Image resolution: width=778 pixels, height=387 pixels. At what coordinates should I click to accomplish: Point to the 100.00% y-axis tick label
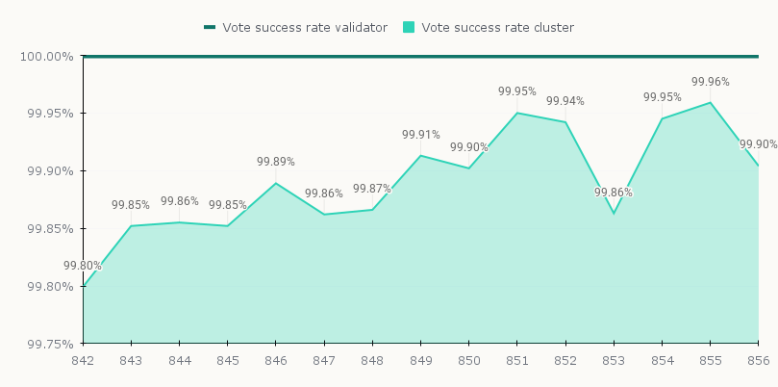point(46,56)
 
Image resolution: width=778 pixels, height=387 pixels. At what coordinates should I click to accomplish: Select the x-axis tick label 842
point(83,360)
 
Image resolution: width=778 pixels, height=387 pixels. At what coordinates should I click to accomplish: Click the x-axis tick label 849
point(420,360)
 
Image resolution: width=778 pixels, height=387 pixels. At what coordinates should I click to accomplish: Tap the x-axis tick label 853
point(614,360)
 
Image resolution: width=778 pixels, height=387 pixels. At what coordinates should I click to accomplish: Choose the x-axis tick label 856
point(759,360)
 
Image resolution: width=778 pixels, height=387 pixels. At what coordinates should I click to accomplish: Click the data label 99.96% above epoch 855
point(710,83)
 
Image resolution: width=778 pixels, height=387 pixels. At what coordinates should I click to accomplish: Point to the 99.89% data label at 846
point(275,162)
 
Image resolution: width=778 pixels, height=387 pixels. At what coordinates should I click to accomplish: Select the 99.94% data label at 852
point(565,101)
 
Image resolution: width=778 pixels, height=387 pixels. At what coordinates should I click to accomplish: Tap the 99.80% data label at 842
point(83,267)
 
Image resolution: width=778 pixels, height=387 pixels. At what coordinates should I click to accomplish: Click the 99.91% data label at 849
point(420,135)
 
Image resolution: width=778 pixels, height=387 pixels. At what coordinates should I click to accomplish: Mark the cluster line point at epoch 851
point(517,113)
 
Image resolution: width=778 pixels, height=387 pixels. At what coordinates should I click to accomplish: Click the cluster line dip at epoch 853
point(614,213)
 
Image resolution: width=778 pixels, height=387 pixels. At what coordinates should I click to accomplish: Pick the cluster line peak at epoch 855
point(710,102)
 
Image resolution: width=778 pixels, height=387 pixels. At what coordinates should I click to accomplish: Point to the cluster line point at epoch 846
point(276,183)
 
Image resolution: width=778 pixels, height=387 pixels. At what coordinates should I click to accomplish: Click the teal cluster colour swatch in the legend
point(409,28)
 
